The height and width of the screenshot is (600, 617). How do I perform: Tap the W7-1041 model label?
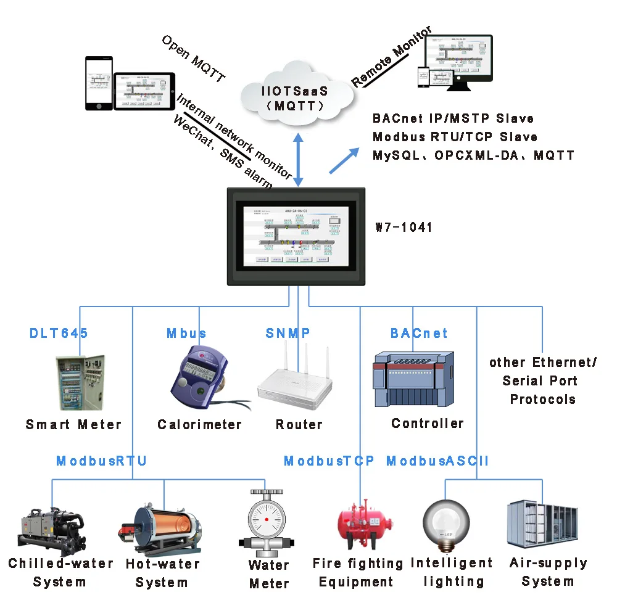[404, 228]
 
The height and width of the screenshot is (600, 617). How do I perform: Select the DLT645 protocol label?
[59, 334]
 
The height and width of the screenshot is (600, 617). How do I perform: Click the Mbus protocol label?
[186, 334]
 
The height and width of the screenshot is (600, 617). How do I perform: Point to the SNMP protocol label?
[288, 334]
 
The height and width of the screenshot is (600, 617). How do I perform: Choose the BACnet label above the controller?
[419, 334]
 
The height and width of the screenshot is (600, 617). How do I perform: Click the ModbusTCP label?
[329, 461]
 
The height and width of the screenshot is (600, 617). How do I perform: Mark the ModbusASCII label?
[437, 461]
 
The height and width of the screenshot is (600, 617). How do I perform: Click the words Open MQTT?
[193, 59]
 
